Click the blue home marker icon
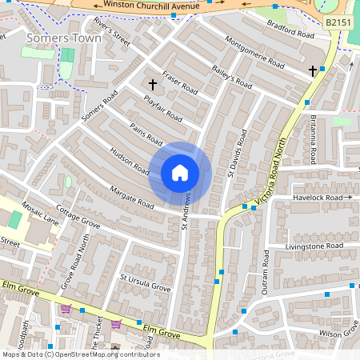180,173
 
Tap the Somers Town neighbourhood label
64,38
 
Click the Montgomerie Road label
254,53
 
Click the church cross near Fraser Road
152,83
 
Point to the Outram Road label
266,272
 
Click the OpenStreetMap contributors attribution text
80,354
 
